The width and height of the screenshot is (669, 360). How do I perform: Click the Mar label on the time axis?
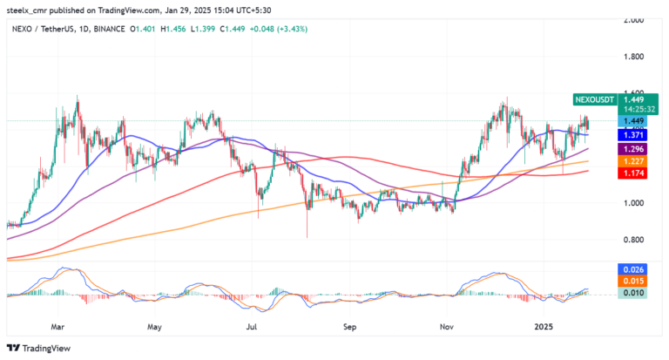coord(57,328)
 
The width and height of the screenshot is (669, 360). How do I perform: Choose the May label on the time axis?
coord(155,328)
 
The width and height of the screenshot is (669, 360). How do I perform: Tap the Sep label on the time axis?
coord(350,328)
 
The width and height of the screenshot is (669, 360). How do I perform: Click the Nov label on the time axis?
coord(448,328)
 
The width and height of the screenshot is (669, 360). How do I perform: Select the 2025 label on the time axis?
coord(545,328)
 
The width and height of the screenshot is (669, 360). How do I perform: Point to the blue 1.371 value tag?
coord(632,135)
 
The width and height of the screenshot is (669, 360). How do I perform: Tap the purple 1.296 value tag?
coord(632,148)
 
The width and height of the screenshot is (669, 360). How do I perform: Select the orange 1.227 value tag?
coord(632,161)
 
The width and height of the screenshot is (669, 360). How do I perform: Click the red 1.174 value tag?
coord(632,174)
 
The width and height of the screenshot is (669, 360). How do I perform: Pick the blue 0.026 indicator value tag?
coord(632,270)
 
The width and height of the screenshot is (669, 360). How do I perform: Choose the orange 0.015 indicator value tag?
coord(632,282)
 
